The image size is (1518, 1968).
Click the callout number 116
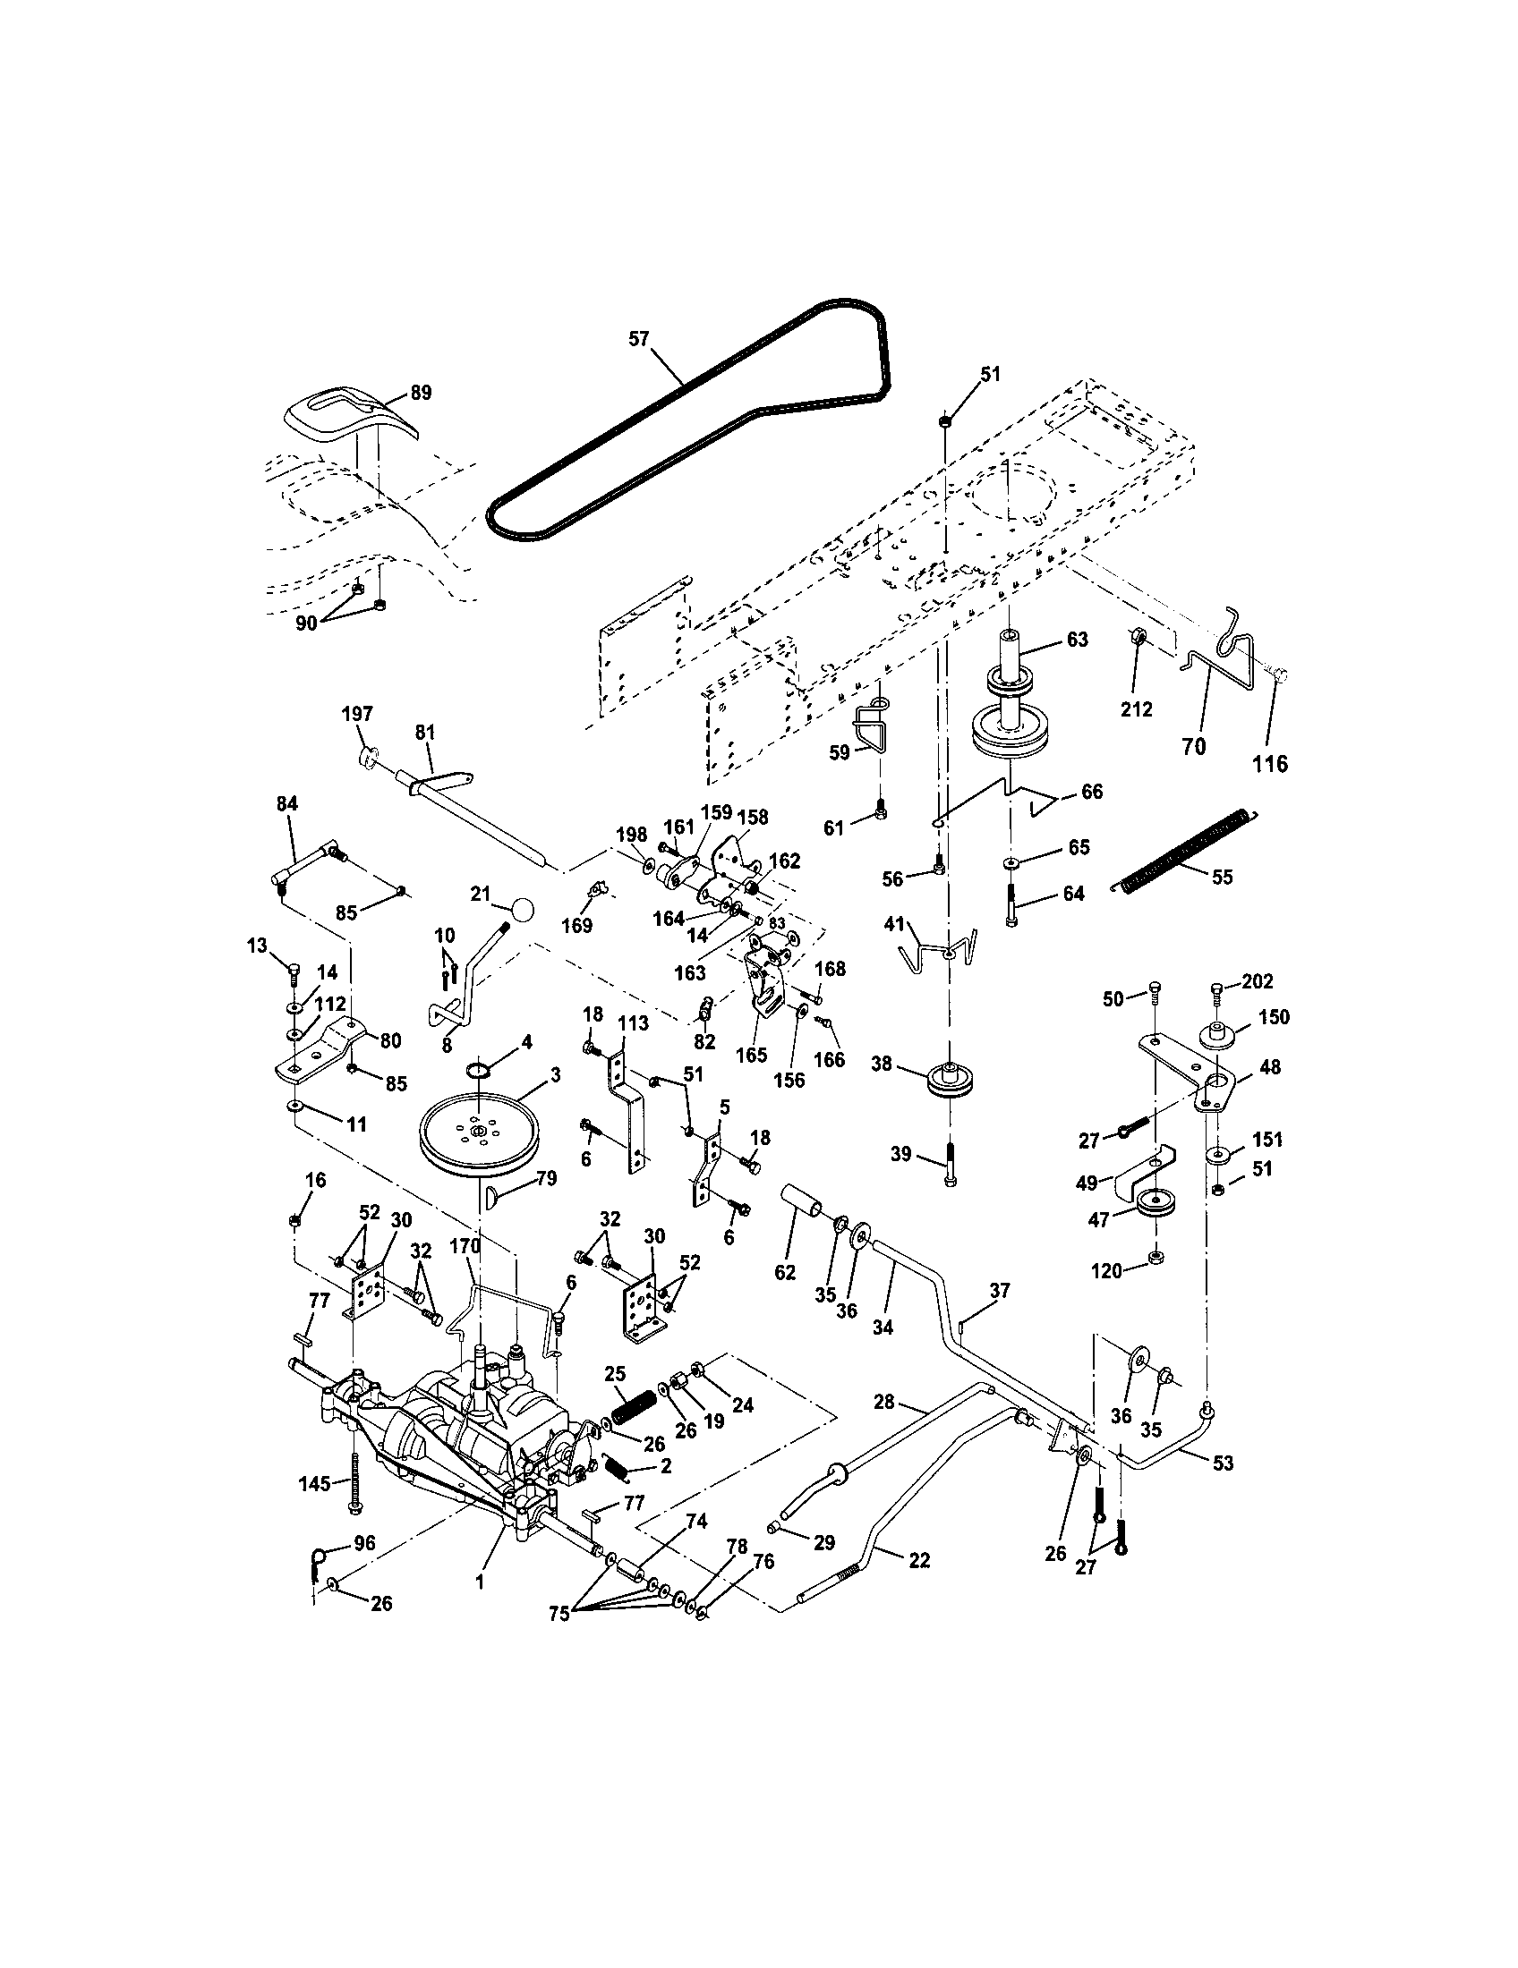[1270, 763]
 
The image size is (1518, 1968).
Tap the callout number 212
[1136, 709]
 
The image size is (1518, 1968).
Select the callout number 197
[357, 714]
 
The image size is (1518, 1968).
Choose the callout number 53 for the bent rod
[1222, 1463]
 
